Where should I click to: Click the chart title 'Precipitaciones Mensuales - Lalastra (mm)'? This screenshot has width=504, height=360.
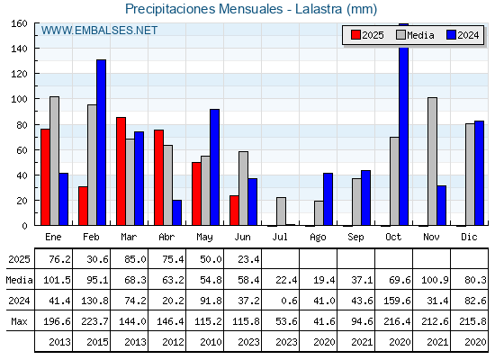point(251,9)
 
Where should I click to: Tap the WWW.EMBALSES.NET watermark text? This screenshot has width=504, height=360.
point(99,31)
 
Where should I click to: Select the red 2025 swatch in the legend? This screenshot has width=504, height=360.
point(355,35)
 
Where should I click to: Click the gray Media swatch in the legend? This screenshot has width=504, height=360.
point(400,35)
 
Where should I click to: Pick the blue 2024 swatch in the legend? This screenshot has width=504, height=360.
point(451,35)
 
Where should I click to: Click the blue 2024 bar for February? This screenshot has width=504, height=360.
point(101,142)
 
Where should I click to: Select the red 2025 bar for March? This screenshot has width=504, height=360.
point(121,171)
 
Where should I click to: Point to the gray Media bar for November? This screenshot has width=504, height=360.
point(432,161)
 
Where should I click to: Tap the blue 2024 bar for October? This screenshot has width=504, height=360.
point(404,124)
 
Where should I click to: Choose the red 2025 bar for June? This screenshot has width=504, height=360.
point(234,211)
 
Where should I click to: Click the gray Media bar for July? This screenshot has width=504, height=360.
point(281,211)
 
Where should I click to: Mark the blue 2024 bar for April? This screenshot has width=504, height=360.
point(176,212)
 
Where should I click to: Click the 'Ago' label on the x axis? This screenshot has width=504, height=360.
point(318,238)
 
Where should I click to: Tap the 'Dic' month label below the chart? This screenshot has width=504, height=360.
point(469,237)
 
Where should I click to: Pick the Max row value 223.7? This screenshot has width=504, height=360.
point(94,321)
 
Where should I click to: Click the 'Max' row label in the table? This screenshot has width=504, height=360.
point(19,321)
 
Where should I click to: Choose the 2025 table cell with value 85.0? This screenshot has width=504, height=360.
point(135,259)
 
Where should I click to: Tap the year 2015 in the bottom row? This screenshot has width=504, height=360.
point(97,342)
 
